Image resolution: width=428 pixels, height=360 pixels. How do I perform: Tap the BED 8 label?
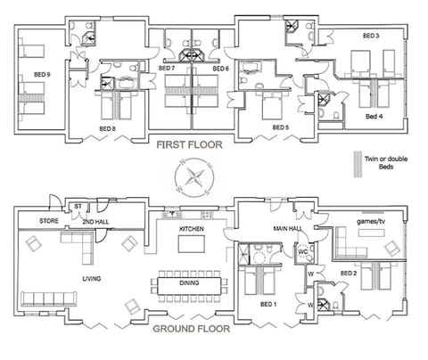pyautogui.click(x=108, y=129)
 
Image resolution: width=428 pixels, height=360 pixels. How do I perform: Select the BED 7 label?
pyautogui.click(x=167, y=69)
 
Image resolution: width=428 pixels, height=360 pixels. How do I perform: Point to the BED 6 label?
pyautogui.click(x=221, y=69)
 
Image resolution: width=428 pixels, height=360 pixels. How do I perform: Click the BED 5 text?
pyautogui.click(x=281, y=128)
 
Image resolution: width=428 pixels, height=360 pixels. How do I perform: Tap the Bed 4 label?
pyautogui.click(x=376, y=117)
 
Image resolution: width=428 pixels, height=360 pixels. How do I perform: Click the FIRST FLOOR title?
pyautogui.click(x=192, y=144)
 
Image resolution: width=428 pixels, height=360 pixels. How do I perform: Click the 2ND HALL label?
pyautogui.click(x=95, y=219)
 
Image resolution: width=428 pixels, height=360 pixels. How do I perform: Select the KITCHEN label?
pyautogui.click(x=193, y=229)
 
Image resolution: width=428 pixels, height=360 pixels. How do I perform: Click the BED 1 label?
pyautogui.click(x=267, y=305)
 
